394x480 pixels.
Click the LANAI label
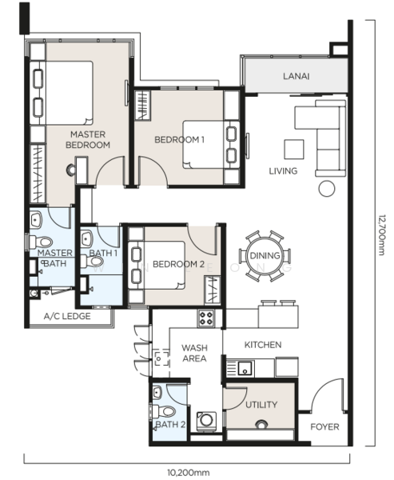296,76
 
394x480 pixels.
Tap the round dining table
265,255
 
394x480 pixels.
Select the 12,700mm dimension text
381,234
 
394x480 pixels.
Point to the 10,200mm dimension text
189,473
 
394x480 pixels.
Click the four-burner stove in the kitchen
206,318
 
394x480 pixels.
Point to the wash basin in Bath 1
87,238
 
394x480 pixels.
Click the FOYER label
324,426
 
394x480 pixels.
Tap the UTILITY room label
261,405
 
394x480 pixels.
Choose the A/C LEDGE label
67,316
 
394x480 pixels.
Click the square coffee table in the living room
294,150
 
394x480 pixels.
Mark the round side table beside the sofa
327,188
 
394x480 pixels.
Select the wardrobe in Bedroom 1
143,105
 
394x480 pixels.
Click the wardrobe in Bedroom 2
213,290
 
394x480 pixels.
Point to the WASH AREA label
194,353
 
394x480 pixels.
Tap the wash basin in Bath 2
157,393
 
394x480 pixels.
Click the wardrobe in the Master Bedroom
38,174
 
